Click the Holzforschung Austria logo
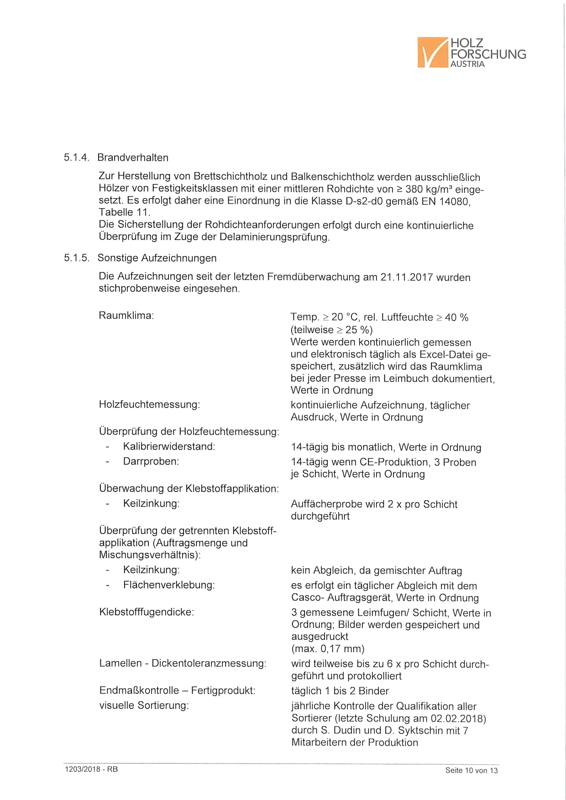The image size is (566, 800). (471, 52)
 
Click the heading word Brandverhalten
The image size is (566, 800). (133, 158)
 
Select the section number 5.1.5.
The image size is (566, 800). (76, 258)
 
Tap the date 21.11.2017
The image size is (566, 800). (406, 277)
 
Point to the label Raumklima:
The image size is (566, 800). (126, 316)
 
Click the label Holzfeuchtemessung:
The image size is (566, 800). (149, 405)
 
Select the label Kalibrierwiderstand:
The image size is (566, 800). (169, 447)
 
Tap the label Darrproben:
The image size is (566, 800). (151, 462)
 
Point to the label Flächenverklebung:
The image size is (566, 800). (168, 585)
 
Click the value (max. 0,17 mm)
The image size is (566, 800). (328, 649)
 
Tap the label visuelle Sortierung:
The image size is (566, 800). (144, 706)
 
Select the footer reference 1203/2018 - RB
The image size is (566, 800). (91, 769)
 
